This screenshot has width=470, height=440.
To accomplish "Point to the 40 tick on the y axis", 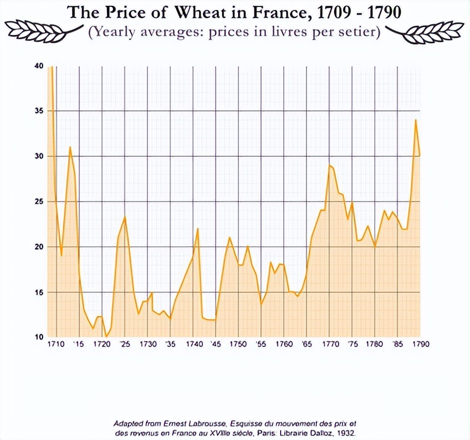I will [x=38, y=65].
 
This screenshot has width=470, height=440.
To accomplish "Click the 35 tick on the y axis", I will [x=38, y=111].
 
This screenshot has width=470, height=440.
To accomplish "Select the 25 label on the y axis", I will [x=38, y=202].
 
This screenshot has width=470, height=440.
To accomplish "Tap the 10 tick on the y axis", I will [x=38, y=337].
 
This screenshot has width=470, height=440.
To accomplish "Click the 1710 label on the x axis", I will [x=56, y=344].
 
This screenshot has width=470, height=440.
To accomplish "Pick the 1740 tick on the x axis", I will [x=193, y=344].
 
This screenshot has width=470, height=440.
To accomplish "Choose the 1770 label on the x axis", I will [x=330, y=344].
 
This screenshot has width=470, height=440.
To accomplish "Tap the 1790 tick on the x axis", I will [x=421, y=344].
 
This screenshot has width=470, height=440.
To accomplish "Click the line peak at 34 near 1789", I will [x=415, y=120].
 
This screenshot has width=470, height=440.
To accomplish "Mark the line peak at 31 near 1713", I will [x=70, y=147].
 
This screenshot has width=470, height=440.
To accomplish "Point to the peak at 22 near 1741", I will [x=198, y=228].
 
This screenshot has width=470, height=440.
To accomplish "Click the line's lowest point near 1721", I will [x=106, y=337].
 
